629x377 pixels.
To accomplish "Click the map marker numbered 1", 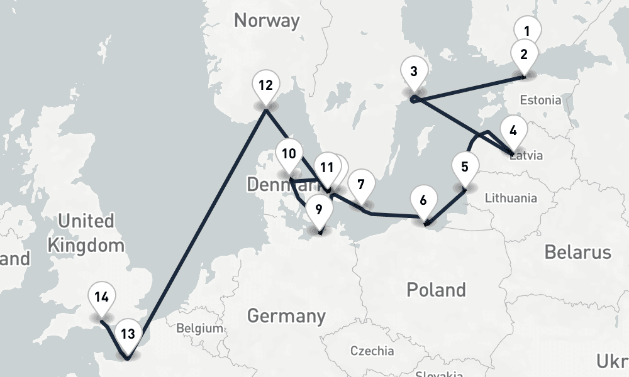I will tap(527, 30).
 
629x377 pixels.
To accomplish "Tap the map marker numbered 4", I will tap(513, 131).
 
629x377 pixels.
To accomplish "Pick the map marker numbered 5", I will tap(465, 167).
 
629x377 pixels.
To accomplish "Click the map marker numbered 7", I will tap(360, 185).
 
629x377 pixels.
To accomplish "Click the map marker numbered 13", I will tap(128, 334).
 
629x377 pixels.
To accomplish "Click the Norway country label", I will tap(267, 20).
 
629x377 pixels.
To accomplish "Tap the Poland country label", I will tap(436, 290).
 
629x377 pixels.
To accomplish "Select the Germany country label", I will tap(286, 315).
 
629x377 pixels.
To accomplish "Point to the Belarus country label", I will tap(577, 253).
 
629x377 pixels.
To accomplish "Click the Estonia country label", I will tap(540, 100).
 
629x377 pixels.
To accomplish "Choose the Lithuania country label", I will tap(511, 199).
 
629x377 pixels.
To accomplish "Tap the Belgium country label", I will tap(199, 328).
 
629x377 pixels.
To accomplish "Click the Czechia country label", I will tap(372, 351).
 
